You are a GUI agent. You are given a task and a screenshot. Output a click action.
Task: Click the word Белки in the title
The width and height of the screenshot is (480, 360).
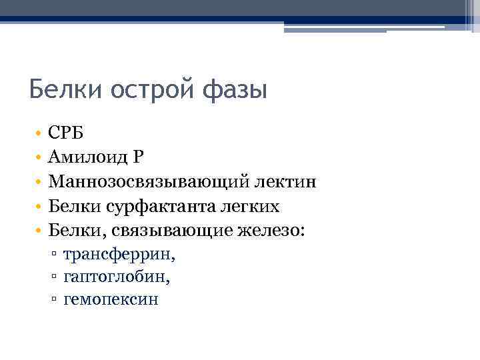62,88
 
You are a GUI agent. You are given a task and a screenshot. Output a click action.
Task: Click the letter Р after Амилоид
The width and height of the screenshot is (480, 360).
139,157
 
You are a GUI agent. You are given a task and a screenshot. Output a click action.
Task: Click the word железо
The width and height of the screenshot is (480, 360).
271,231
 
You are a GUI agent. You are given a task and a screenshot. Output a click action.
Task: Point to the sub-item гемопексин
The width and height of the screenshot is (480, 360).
111,299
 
